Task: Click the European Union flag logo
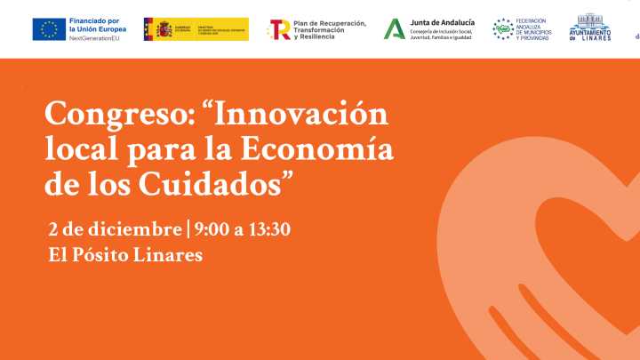point(48,29)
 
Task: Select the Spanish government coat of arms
point(163,29)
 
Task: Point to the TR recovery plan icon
point(279,29)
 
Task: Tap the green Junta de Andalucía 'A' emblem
point(393,29)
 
